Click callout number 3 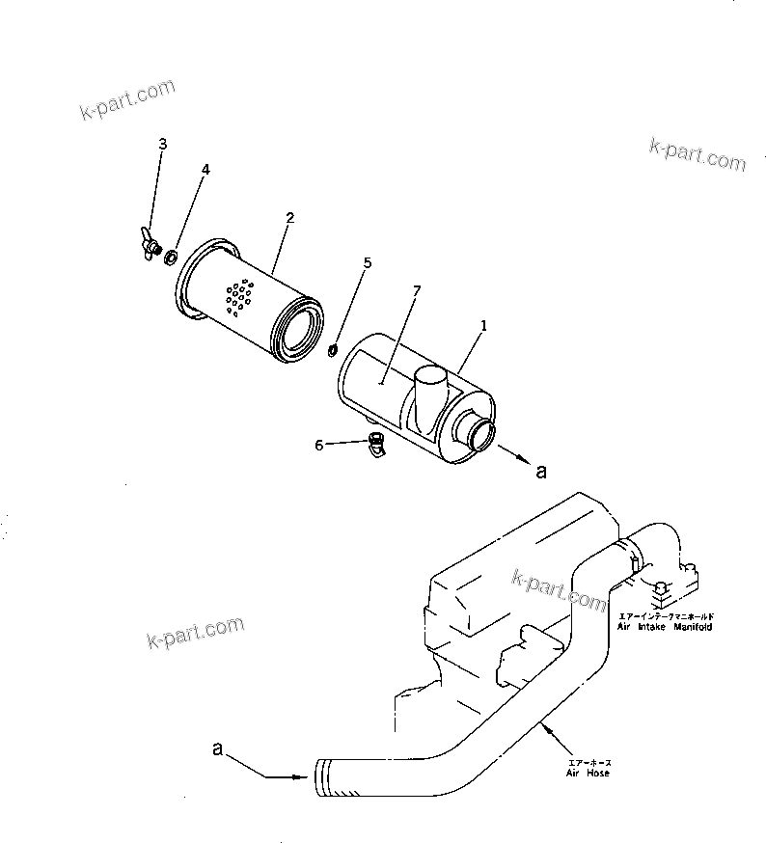tap(162, 144)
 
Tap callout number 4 tap(205, 170)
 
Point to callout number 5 tap(366, 262)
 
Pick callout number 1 tap(483, 326)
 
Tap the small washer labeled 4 tap(171, 257)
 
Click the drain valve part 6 tap(376, 446)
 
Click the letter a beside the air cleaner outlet tap(540, 472)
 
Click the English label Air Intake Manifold tap(665, 627)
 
